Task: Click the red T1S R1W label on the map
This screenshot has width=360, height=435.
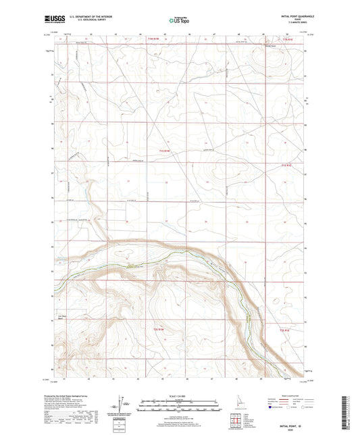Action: point(161,151)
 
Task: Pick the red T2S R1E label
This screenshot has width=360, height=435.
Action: point(285,330)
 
